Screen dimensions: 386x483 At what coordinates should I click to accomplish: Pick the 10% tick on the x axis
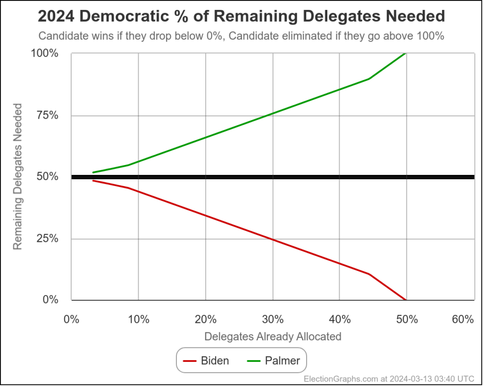138,320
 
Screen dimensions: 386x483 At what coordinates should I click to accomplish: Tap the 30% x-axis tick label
273,320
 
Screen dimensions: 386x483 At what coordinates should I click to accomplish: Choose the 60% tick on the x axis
462,320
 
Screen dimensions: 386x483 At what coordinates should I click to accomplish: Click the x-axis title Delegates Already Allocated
273,337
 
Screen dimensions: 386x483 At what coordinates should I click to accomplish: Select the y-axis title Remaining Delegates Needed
17,177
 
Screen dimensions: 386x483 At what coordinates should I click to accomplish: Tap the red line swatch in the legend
190,361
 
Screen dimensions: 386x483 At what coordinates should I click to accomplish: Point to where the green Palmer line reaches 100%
405,54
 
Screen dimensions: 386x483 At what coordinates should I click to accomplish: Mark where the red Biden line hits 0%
405,300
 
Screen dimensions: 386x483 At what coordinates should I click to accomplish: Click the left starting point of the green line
93,172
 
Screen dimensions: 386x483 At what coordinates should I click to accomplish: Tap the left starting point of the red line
93,181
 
